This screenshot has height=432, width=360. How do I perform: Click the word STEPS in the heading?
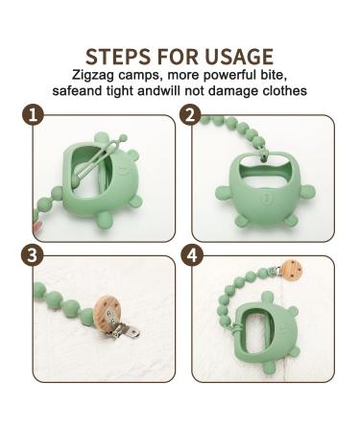[x=117, y=56]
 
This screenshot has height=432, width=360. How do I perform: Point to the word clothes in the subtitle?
[x=280, y=92]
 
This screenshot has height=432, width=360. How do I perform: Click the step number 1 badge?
[x=35, y=117]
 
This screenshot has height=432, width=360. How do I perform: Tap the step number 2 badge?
[x=191, y=117]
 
